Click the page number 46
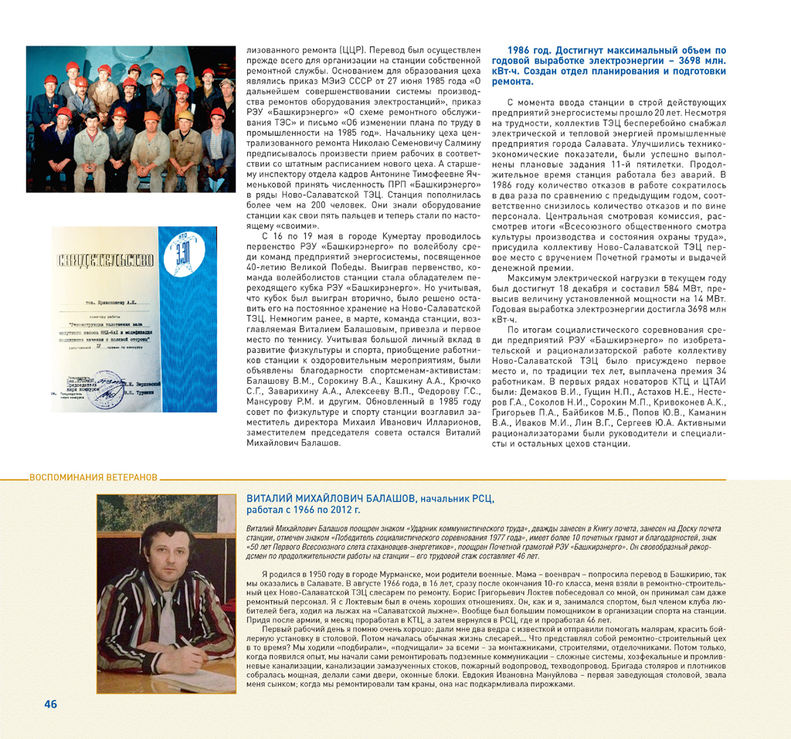click(x=50, y=703)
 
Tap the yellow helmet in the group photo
click(x=185, y=115)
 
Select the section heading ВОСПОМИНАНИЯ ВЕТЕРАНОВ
click(x=93, y=476)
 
